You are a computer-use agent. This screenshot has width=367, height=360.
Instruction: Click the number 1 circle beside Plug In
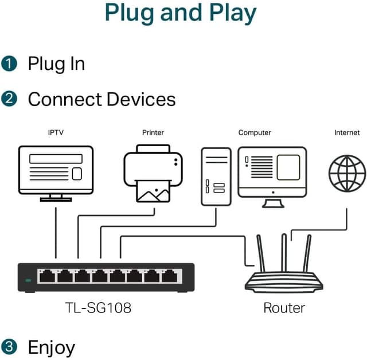[x=9, y=63]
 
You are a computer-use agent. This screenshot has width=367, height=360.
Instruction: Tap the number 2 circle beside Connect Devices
[x=9, y=99]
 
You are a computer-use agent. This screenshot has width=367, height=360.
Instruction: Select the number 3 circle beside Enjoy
[x=9, y=346]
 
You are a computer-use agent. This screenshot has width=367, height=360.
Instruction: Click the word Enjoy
[x=52, y=347]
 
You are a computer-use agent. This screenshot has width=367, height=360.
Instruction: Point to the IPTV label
[x=56, y=132]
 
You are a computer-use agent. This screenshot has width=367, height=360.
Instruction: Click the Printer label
[x=153, y=132]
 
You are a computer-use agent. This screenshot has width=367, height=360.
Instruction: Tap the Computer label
[x=255, y=132]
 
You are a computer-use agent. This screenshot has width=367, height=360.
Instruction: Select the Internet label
[x=347, y=132]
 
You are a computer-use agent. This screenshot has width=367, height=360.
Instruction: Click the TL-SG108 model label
[x=98, y=308]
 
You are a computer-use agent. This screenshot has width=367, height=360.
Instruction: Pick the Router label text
[x=284, y=308]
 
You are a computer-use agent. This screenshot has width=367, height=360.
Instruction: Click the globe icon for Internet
[x=347, y=172]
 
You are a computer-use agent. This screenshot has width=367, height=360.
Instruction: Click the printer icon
[x=153, y=172]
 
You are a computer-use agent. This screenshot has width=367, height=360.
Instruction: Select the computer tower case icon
[x=216, y=176]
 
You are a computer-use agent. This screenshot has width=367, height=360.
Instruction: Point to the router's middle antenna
[x=283, y=252]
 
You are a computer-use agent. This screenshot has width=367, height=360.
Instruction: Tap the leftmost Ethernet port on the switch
[x=46, y=276]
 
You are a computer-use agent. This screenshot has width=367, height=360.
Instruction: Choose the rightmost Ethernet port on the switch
[x=169, y=276]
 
